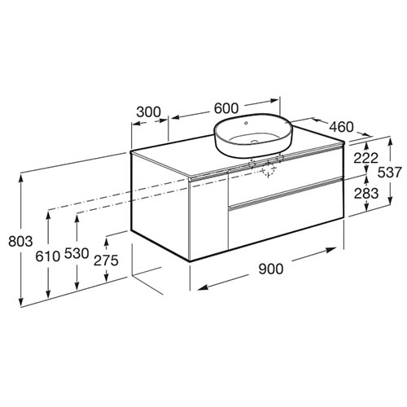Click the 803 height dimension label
click(20, 241)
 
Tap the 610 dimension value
click(47, 256)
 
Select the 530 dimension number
click(77, 254)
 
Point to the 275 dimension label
click(106, 260)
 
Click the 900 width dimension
click(270, 269)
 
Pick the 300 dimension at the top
click(148, 112)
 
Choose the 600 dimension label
click(226, 108)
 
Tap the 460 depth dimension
click(341, 127)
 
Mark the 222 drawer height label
click(365, 158)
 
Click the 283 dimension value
click(365, 193)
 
